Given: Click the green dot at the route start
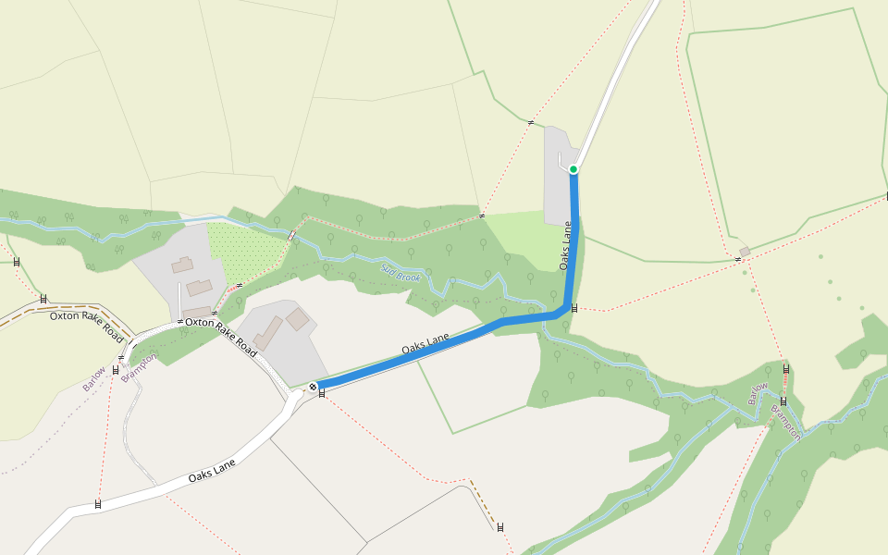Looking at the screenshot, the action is click(x=573, y=168).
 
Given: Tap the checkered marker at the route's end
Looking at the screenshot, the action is click(x=314, y=387).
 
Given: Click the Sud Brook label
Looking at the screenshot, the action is click(x=401, y=273).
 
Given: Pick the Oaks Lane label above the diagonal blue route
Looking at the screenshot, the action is click(x=425, y=345).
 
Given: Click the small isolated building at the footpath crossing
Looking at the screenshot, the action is click(x=745, y=252).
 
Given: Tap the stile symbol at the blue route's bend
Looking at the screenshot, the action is click(x=574, y=308).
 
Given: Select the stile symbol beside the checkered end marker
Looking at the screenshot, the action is click(x=322, y=394).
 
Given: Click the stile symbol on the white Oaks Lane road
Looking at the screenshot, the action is click(x=98, y=505).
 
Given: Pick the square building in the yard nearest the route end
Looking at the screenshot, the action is click(x=297, y=320).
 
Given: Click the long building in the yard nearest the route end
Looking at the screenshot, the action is click(x=269, y=333).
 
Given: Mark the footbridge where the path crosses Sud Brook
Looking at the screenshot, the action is click(x=292, y=236).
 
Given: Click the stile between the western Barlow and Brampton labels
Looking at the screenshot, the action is click(x=116, y=370).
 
